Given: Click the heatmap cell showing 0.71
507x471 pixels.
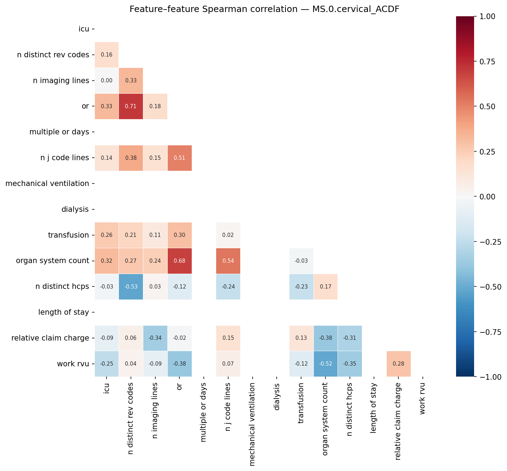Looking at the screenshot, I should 131,106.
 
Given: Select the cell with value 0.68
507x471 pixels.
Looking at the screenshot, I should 179,261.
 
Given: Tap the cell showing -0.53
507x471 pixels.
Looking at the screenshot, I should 131,287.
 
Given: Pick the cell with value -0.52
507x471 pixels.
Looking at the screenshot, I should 325,364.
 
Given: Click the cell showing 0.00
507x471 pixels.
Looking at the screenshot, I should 106,81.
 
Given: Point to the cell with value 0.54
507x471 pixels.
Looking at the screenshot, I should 228,261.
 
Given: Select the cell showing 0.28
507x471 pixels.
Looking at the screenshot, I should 398,364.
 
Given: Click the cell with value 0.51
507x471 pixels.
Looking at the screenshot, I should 179,158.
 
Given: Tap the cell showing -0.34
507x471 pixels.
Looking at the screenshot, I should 155,338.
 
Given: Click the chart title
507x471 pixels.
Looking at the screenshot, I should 264,9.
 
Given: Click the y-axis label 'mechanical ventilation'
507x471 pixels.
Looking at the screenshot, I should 47,184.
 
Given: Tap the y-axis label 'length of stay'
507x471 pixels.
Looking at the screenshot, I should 63,312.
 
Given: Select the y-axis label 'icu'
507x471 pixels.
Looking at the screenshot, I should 84,29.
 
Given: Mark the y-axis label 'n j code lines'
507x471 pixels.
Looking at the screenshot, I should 65,158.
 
